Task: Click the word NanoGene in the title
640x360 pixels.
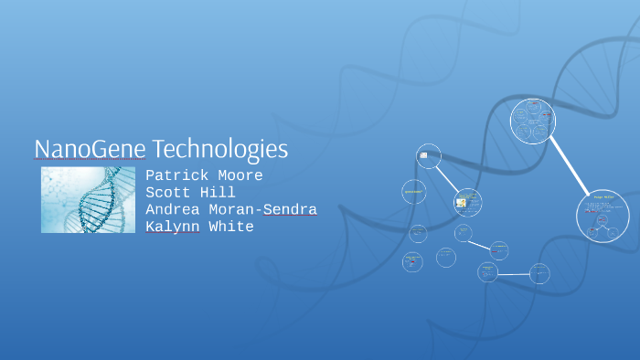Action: (x=90, y=148)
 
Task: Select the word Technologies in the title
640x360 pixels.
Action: (x=219, y=149)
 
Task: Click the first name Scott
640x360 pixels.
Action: (x=168, y=193)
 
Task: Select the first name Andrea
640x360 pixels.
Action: (x=173, y=209)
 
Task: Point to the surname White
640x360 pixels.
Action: (x=231, y=227)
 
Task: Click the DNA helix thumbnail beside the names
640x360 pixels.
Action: (x=88, y=199)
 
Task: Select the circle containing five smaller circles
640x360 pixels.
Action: (x=532, y=122)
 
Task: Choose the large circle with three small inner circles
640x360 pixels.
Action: (x=603, y=216)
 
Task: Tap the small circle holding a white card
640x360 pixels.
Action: (x=428, y=156)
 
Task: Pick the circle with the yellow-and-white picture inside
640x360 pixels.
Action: (x=467, y=202)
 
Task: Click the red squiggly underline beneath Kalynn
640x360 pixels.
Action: (x=173, y=234)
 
